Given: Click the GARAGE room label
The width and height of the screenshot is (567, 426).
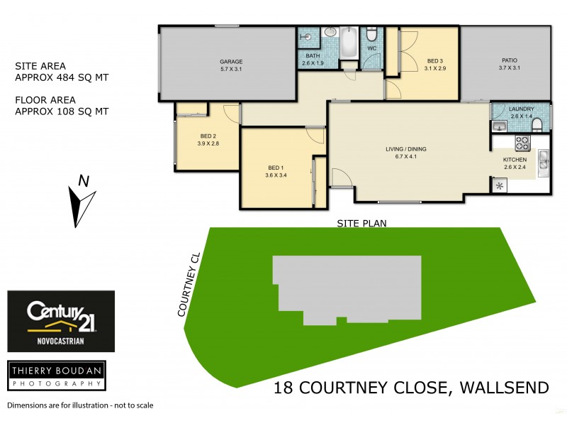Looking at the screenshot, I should (231, 62).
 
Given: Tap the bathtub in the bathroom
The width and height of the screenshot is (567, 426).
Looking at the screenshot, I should (349, 44).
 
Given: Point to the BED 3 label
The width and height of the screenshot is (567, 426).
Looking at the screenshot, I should (434, 61).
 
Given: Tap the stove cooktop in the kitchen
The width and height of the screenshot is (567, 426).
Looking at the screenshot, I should (522, 143).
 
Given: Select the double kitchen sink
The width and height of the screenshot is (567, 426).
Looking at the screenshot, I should (542, 160).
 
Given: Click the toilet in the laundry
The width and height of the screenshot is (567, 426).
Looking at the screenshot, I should (537, 125).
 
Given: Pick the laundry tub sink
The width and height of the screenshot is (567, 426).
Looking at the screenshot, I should (498, 126).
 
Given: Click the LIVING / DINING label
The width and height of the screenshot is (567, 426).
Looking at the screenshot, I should (405, 149).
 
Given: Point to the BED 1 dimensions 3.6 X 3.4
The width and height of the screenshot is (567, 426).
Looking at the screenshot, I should (276, 175).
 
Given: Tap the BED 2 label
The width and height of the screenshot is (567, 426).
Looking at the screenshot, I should (208, 136).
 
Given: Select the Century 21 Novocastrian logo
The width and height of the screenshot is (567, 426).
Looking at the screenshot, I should (61, 321).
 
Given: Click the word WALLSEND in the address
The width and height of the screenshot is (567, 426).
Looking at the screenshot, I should (505, 388).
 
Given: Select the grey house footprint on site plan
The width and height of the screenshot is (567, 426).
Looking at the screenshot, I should (347, 288).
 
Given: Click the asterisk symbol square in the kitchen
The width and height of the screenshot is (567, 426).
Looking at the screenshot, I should (500, 186).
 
